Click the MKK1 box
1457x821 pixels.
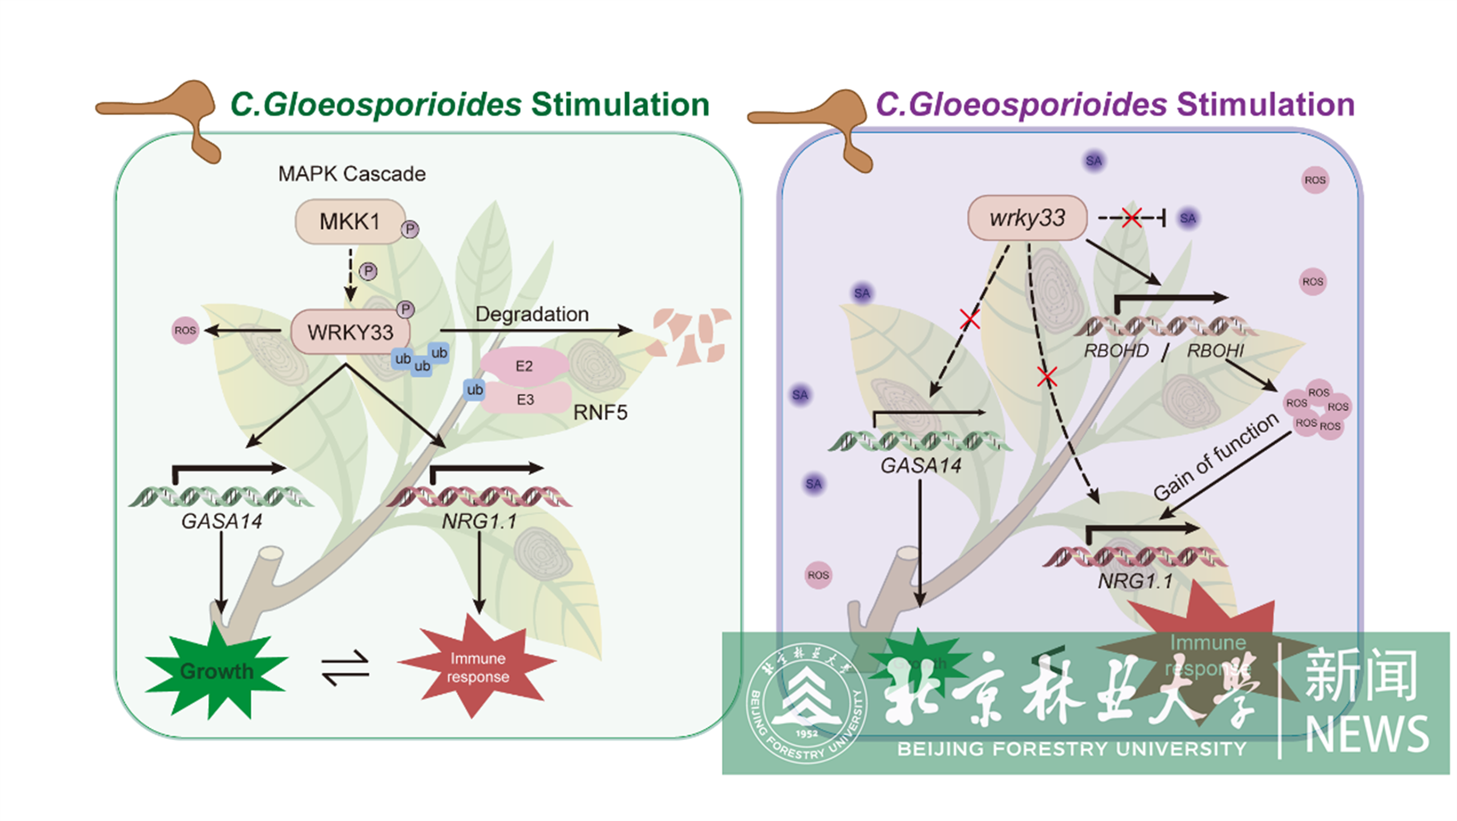(x=350, y=222)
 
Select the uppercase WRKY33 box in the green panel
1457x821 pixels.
(x=350, y=332)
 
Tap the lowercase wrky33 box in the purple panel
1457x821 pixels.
(x=1027, y=218)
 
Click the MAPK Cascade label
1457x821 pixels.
(x=352, y=174)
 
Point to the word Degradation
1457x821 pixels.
(x=532, y=314)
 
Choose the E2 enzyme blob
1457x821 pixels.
(x=524, y=366)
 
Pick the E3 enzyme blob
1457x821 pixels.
(x=526, y=400)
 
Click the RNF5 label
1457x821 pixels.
(x=600, y=413)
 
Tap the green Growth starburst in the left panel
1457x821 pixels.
(x=216, y=671)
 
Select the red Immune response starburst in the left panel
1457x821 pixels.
(x=477, y=667)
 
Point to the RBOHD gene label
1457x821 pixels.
(x=1116, y=351)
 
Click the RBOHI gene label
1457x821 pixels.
(x=1215, y=351)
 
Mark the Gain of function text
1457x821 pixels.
(x=1215, y=457)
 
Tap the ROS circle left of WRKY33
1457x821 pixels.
(x=185, y=330)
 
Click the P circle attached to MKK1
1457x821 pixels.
(x=410, y=230)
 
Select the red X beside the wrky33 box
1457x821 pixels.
(x=1132, y=217)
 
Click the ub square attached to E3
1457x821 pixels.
(x=475, y=390)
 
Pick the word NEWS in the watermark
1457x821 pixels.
(x=1367, y=734)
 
